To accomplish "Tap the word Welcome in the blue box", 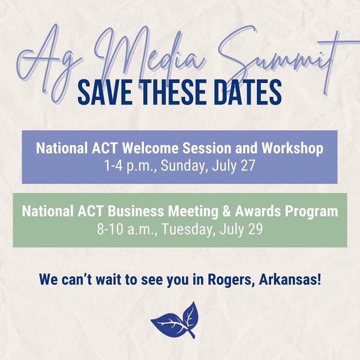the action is click(150, 148).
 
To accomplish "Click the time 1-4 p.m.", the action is click(130, 165).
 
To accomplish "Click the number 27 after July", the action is click(247, 165).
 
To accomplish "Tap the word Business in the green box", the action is click(136, 211).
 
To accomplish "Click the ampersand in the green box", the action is click(226, 211).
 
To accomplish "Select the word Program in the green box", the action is click(311, 211).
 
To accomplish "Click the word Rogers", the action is click(232, 280).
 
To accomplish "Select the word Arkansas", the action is click(290, 279).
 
